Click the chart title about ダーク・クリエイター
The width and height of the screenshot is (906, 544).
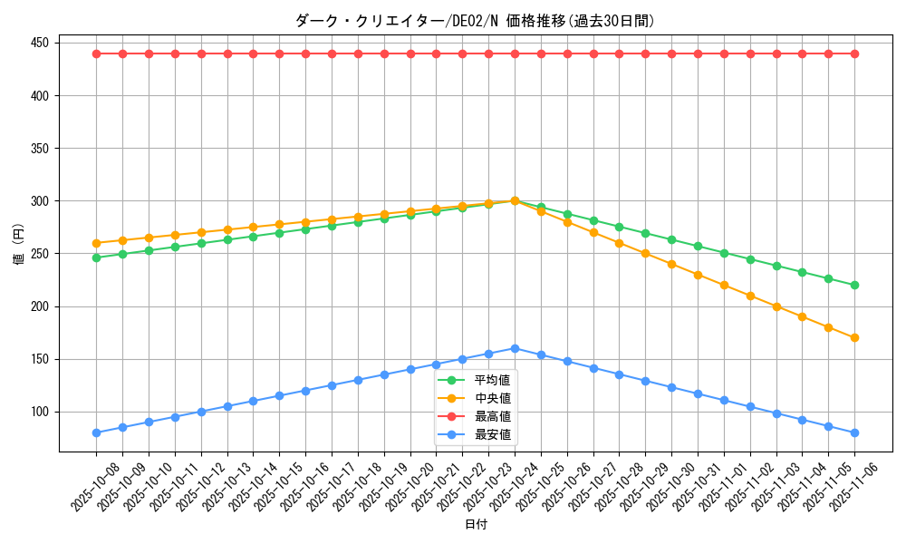point(475,21)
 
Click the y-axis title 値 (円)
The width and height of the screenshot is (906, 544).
point(18,246)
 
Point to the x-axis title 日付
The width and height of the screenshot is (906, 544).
point(476,525)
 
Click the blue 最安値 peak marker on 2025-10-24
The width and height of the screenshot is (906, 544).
point(515,348)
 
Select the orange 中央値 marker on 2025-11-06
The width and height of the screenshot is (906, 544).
point(854,337)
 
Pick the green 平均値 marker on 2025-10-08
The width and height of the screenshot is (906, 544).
point(96,257)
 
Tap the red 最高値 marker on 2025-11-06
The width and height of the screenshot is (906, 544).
point(854,53)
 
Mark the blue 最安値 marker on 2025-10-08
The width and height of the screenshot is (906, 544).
point(96,432)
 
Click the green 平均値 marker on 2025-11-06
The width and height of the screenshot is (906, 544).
point(854,285)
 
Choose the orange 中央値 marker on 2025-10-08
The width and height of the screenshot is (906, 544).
point(96,243)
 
